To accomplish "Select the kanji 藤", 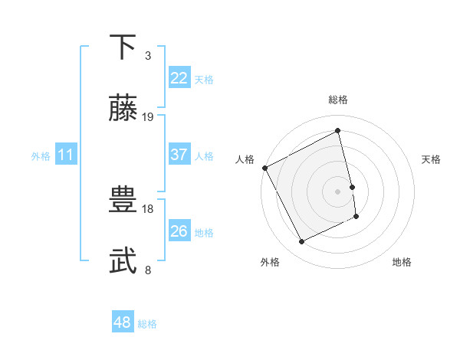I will tap(124, 109).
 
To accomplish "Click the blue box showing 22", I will tap(179, 78).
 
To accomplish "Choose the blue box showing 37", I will tap(179, 155).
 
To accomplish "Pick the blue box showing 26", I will tap(179, 231).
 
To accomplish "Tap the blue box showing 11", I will tap(66, 155).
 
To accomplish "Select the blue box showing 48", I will tap(123, 322).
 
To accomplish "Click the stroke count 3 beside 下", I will tap(147, 56).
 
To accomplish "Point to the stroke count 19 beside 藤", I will tap(148, 117).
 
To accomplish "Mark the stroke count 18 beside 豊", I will tap(148, 208).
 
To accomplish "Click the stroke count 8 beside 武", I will tap(147, 270).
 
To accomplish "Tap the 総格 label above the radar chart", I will tap(338, 100).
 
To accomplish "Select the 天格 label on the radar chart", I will tap(431, 159).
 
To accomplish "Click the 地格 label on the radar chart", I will tap(402, 262).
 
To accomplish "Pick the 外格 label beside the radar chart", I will tap(270, 262).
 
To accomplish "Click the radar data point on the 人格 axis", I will tap(264, 168).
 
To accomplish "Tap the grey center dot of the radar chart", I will tap(338, 191).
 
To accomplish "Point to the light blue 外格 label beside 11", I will tap(41, 155).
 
